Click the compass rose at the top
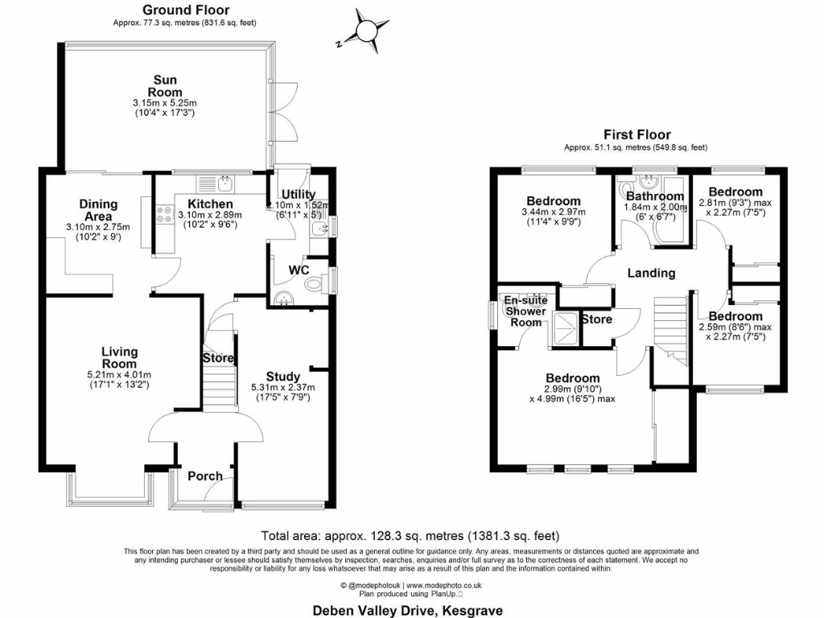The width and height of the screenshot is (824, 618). click(367, 31)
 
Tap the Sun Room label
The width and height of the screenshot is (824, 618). click(164, 86)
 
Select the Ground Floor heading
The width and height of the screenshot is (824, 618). click(185, 10)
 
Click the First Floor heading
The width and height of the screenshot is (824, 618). click(637, 135)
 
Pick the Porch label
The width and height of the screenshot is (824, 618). click(204, 476)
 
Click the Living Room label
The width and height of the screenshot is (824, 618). click(119, 357)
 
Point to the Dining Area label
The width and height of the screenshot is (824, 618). click(98, 211)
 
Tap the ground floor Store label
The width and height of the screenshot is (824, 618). click(217, 358)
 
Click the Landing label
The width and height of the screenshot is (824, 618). click(651, 273)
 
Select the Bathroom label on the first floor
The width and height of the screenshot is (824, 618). click(655, 196)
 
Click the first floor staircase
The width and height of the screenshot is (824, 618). click(670, 330)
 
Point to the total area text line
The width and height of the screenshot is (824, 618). click(410, 535)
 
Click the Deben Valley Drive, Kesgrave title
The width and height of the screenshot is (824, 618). click(407, 611)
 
